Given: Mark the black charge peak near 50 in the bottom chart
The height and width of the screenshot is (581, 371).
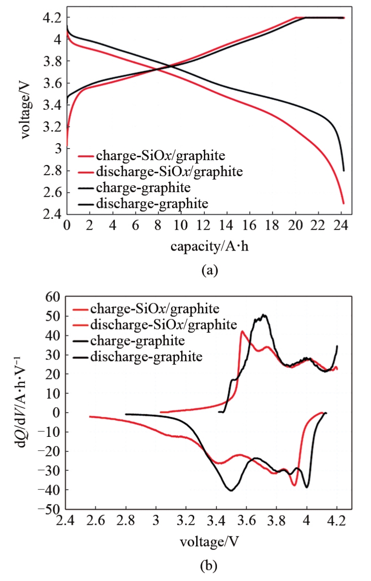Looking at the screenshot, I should pos(263,315).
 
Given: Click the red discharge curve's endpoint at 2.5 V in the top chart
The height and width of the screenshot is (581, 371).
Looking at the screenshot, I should pos(343,203).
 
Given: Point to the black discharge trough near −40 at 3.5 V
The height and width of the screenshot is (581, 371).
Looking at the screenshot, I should pos(231,491).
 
